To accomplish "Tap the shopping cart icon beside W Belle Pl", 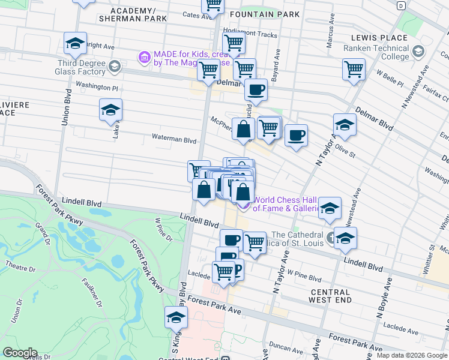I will pyautogui.click(x=354, y=69).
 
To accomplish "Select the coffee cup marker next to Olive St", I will pyautogui.click(x=296, y=136).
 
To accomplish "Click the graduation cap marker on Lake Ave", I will pyautogui.click(x=110, y=110).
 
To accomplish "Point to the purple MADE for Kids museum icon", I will pyautogui.click(x=144, y=58).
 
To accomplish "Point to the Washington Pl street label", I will pyautogui.click(x=97, y=86).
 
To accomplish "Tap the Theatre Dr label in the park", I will pyautogui.click(x=20, y=265).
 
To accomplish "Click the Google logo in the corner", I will pyautogui.click(x=19, y=353).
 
